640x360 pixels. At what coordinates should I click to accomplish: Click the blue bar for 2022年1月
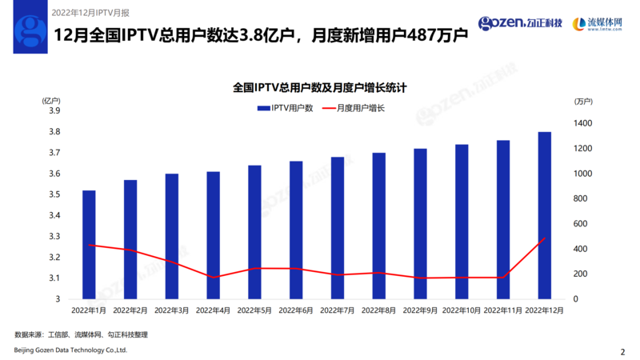pos(89,245)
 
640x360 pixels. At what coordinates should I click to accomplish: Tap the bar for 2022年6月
pos(296,230)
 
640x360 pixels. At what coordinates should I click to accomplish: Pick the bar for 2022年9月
pos(420,224)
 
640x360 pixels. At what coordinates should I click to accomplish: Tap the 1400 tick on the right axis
pos(582,123)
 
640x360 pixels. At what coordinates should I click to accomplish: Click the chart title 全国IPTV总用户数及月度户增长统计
pos(320,86)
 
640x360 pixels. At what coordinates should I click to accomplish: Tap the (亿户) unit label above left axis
pos(51,100)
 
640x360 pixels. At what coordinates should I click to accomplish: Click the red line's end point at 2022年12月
pos(544,238)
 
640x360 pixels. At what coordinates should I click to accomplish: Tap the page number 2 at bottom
pos(622,351)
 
